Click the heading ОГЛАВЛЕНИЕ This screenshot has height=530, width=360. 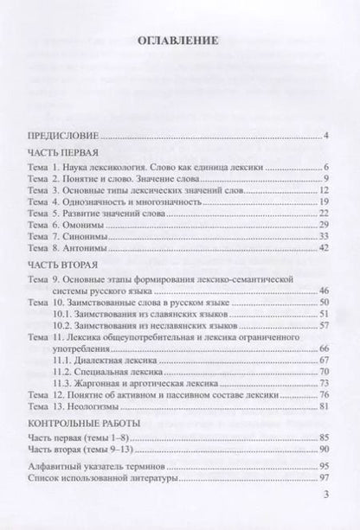(179, 40)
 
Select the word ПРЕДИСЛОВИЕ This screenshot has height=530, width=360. (63, 136)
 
